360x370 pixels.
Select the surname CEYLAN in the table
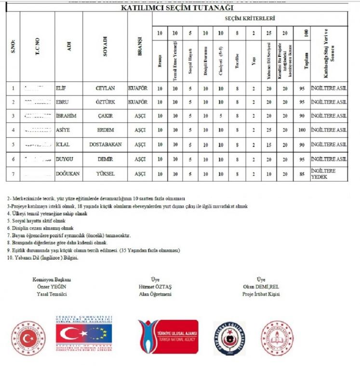(x=105, y=89)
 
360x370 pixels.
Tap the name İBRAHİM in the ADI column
(x=67, y=117)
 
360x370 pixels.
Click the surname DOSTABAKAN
(x=105, y=145)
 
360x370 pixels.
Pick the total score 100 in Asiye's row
(x=302, y=131)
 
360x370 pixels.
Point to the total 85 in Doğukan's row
(x=302, y=174)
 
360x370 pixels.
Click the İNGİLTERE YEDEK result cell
(x=329, y=174)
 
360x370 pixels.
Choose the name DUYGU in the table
(x=65, y=159)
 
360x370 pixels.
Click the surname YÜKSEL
(x=105, y=174)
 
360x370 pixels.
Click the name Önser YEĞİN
(x=51, y=286)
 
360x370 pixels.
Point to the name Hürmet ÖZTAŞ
(x=155, y=286)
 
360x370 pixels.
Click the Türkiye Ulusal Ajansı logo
(x=168, y=337)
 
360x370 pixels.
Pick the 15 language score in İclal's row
(x=269, y=145)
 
